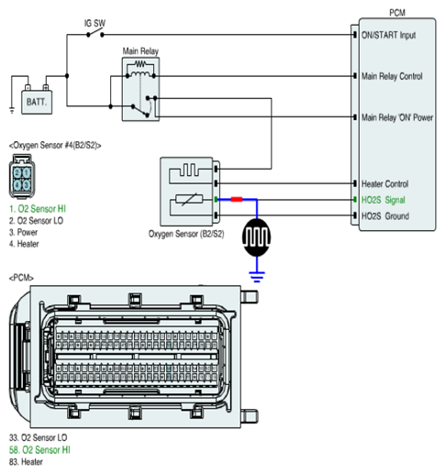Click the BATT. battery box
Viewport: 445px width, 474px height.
[37, 102]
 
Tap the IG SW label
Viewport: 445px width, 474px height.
[95, 23]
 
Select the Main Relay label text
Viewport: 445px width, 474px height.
[140, 51]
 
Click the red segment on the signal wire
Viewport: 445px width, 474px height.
[237, 200]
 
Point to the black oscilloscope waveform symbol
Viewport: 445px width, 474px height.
[257, 237]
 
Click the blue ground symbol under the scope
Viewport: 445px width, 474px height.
[257, 276]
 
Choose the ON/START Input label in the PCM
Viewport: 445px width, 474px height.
[388, 35]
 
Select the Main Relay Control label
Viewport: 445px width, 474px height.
[392, 76]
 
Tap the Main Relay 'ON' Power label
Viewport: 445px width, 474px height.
[397, 117]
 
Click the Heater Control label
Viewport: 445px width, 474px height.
[384, 184]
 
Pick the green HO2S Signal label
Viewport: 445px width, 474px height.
[384, 200]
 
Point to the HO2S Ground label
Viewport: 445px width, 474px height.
[385, 216]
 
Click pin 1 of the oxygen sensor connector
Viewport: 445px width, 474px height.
[27, 173]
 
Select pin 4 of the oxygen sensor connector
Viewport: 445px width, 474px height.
[17, 184]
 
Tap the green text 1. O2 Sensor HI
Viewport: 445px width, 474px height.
[38, 209]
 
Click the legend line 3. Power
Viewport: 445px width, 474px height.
[23, 232]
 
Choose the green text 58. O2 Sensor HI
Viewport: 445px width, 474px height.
[39, 450]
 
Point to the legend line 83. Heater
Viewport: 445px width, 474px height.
[26, 462]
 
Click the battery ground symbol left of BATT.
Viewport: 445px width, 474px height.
[12, 110]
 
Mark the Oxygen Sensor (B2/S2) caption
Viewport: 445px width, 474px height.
[186, 234]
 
